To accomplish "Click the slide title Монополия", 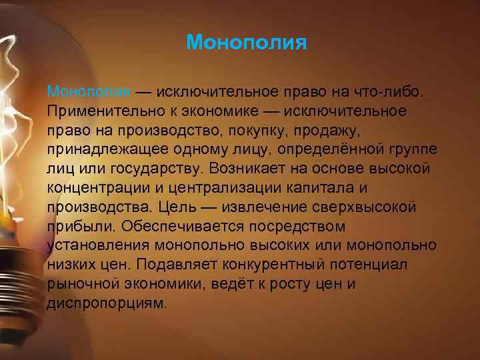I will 246,43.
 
